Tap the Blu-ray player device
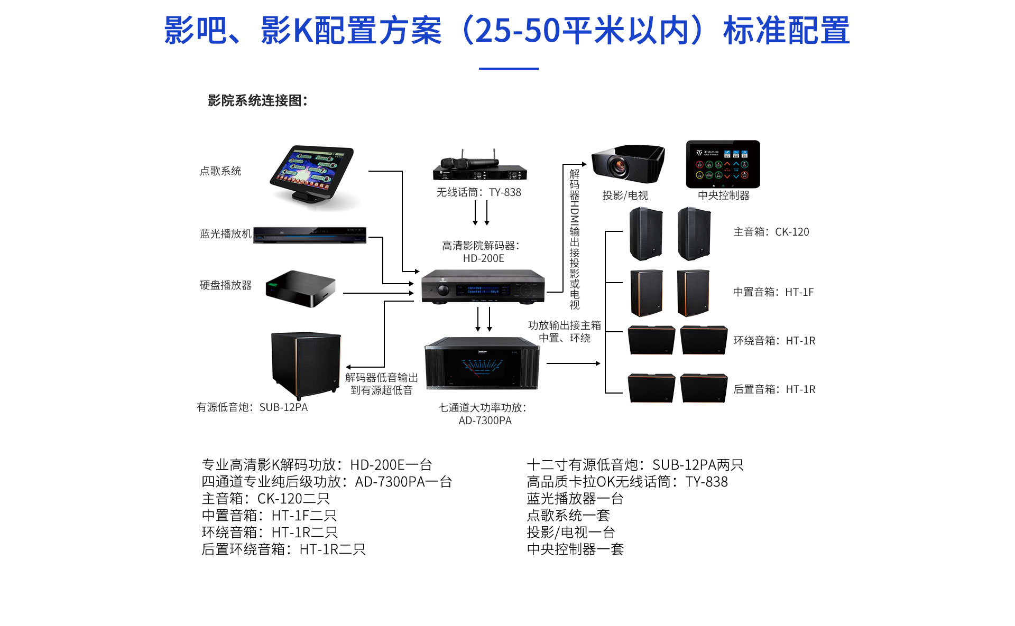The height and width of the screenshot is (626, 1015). coord(310,235)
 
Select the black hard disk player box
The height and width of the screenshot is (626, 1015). coord(300,288)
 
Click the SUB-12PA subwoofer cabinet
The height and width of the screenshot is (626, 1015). coord(306,365)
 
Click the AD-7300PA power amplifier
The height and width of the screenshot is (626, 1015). coord(482,363)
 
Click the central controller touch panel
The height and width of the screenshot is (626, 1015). coord(723,164)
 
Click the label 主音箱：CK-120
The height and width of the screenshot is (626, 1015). coord(771,232)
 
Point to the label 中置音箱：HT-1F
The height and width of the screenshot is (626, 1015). coord(773,292)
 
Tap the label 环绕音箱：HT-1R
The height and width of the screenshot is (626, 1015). coord(774,341)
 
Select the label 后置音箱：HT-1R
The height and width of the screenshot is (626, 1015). coord(774,389)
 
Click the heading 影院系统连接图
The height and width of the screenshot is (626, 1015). coord(257,100)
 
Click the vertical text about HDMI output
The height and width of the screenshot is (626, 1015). coord(575,239)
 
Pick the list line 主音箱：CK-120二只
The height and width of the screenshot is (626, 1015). coord(265,499)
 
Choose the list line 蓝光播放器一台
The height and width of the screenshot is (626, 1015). coord(575,499)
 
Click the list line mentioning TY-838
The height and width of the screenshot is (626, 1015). coord(627,482)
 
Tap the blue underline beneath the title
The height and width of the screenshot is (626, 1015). coord(509,68)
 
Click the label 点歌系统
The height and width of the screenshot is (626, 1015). coord(220,171)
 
